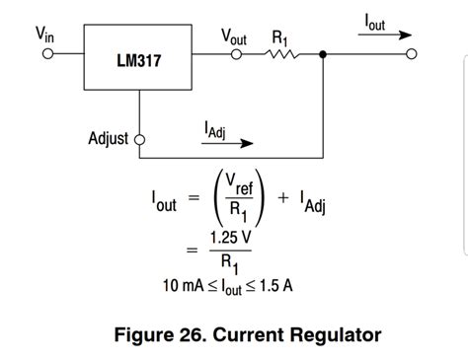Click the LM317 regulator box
tap(138, 60)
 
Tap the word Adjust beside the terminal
tap(108, 138)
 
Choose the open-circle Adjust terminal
tap(139, 139)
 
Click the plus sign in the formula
tap(283, 197)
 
